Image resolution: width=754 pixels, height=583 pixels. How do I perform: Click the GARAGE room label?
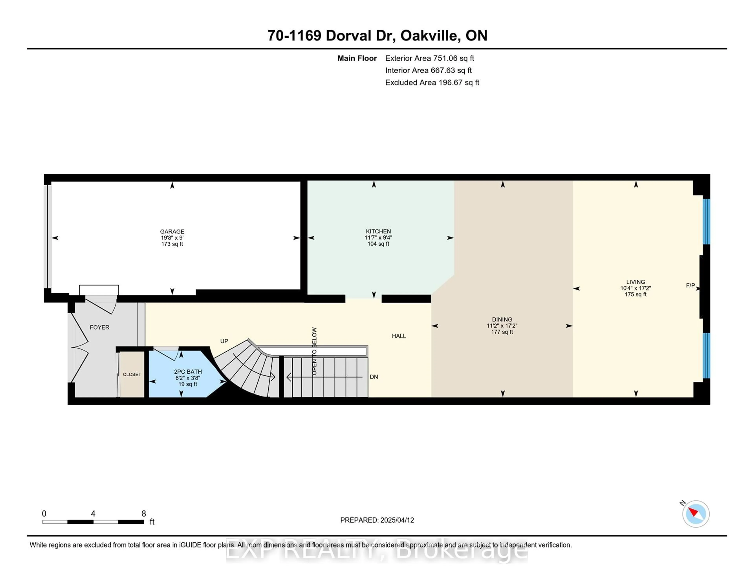point(172,231)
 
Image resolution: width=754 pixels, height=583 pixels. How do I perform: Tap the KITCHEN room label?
point(378,231)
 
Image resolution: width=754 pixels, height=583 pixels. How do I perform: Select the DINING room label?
point(502,319)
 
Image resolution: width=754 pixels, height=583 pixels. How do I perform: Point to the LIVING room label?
point(636,282)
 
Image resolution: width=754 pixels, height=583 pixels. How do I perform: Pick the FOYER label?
point(99,327)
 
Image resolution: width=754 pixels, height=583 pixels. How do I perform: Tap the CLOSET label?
point(132,374)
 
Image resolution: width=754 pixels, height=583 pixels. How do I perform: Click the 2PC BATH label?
point(188,372)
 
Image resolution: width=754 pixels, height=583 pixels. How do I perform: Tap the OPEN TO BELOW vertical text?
point(314,351)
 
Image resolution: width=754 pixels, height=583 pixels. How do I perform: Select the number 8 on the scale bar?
point(144,514)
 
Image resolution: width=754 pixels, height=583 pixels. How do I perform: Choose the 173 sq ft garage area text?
point(172,244)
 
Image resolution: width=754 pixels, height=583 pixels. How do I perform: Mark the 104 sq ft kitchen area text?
point(378,244)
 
